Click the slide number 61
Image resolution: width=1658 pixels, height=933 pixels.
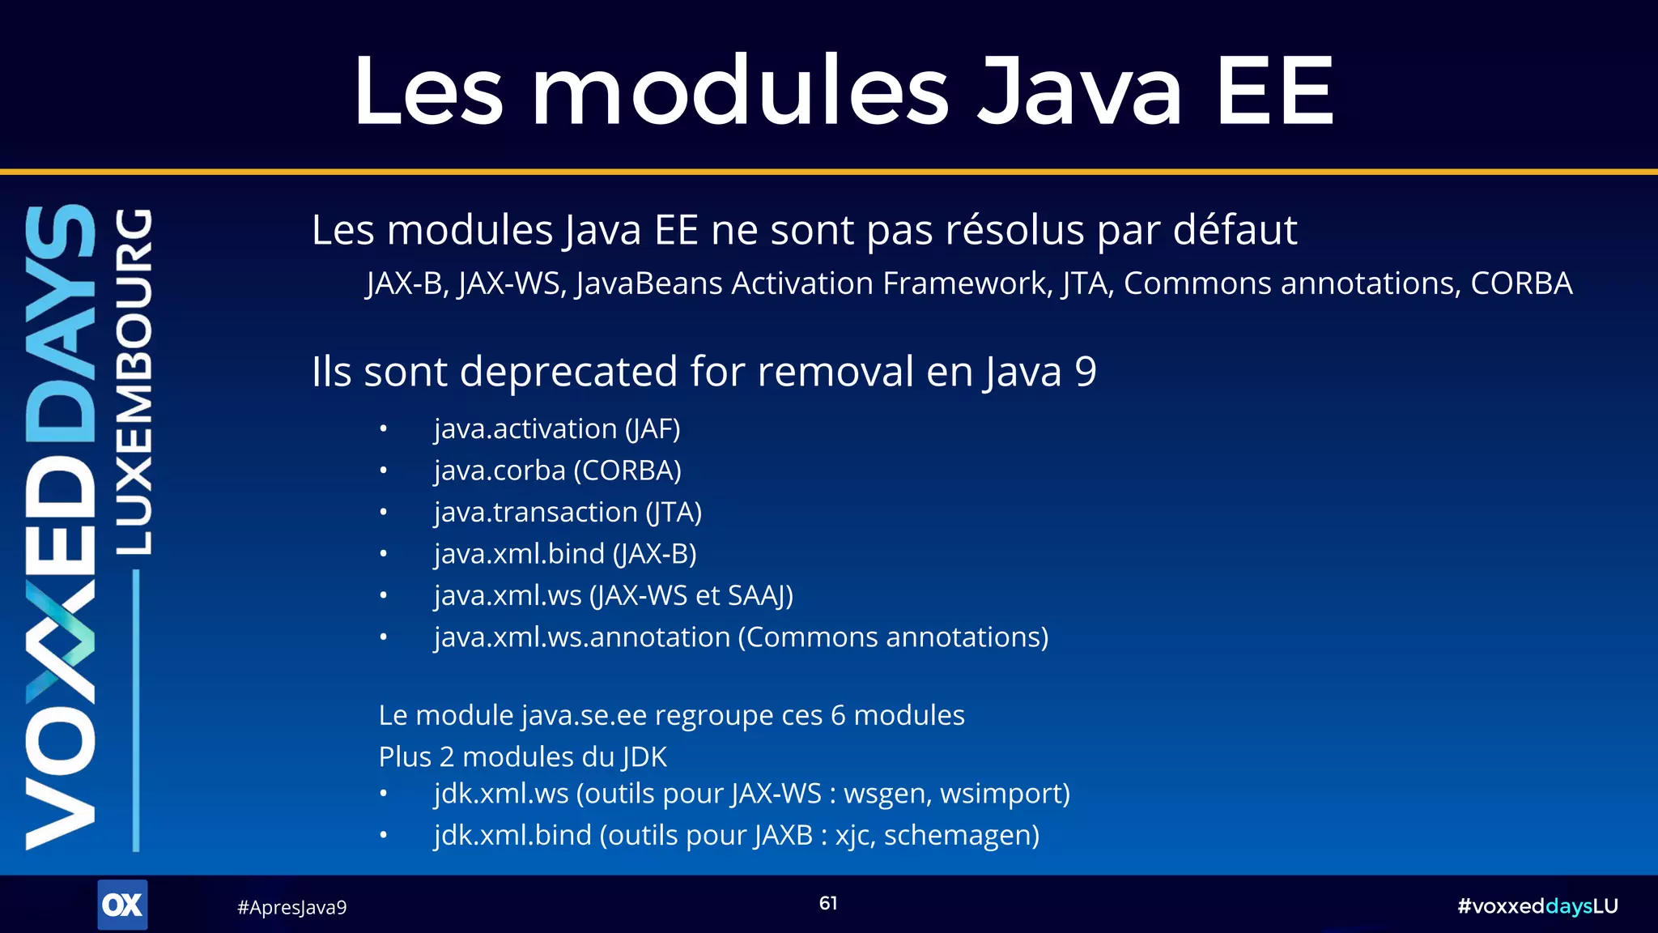click(x=828, y=903)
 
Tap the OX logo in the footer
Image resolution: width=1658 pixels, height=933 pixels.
click(x=122, y=905)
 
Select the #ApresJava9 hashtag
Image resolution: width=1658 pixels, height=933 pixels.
click(x=291, y=907)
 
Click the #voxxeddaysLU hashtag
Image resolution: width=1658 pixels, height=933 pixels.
click(x=1537, y=906)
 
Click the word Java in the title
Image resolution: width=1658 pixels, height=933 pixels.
click(x=1080, y=91)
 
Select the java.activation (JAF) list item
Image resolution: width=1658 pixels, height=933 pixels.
click(x=557, y=428)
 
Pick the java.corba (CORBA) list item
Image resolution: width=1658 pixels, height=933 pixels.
click(x=557, y=471)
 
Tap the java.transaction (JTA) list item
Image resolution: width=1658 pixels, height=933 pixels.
click(x=568, y=512)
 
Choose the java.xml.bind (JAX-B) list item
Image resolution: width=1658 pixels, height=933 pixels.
click(x=565, y=554)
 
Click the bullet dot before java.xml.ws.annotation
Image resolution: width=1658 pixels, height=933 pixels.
click(x=384, y=637)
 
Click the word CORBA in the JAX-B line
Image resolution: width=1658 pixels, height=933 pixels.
click(x=1520, y=283)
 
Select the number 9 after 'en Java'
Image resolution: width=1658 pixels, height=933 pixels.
click(x=1086, y=372)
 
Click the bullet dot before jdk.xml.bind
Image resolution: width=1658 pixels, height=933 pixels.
click(x=384, y=835)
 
